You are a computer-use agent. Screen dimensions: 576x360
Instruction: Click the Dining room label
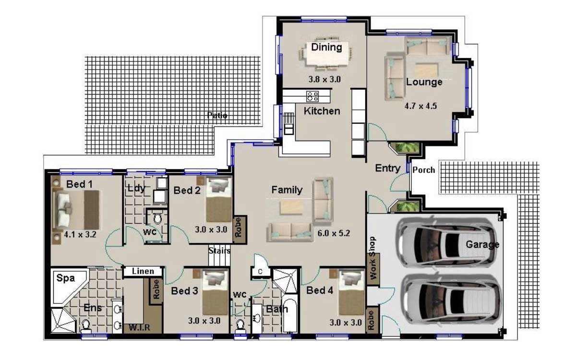coord(326,48)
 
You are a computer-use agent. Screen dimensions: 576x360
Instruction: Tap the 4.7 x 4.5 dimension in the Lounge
coord(420,106)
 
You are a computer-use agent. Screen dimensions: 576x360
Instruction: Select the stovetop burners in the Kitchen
coord(312,96)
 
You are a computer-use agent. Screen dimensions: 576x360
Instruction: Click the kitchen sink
coord(288,124)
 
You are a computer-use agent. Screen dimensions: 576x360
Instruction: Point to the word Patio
coord(217,115)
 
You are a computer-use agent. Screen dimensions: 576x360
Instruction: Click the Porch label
coord(423,170)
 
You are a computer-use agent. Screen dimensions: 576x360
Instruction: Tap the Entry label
coord(388,168)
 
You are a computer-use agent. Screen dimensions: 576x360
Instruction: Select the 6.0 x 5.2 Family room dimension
coord(334,233)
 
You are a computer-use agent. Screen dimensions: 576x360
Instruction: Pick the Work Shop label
coord(372,258)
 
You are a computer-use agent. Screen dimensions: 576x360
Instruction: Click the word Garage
coord(482,244)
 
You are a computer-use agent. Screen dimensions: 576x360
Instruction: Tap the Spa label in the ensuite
coord(66,278)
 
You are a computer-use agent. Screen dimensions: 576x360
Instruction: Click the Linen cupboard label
coord(143,271)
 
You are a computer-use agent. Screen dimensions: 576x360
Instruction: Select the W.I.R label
coord(139,327)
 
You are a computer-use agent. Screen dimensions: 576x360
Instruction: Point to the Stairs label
coord(219,251)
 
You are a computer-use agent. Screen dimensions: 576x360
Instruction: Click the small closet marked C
coord(260,272)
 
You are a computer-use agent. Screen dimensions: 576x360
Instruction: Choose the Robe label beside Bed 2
coord(239,228)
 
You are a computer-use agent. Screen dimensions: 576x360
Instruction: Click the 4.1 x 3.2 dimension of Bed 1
coord(80,235)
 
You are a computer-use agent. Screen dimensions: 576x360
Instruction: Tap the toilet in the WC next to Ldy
coord(157,219)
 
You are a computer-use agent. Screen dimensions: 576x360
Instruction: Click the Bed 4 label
coord(320,290)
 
